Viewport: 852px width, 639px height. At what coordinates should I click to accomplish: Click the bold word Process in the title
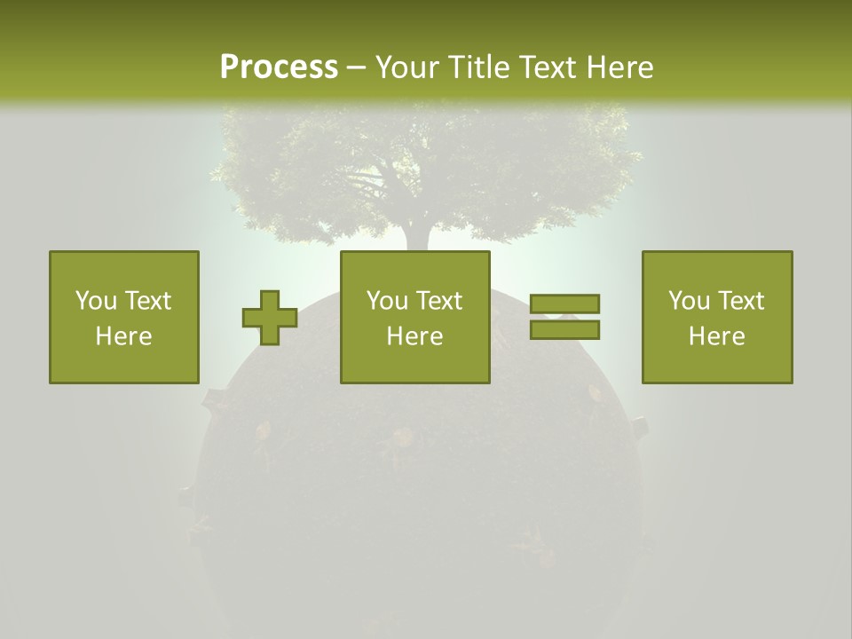point(279,67)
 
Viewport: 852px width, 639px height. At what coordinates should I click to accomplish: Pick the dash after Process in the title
point(356,68)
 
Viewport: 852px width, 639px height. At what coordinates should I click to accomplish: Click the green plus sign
point(270,318)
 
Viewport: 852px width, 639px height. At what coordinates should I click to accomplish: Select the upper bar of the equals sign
point(564,304)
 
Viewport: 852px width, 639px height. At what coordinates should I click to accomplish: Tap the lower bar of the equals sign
point(564,329)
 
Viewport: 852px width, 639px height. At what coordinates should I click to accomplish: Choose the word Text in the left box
point(148,301)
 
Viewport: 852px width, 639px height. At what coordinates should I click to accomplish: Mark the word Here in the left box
point(123,336)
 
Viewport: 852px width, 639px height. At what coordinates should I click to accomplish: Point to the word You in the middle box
point(388,301)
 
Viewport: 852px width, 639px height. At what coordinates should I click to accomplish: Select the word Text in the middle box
point(439,301)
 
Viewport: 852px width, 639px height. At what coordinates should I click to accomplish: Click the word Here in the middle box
point(414,336)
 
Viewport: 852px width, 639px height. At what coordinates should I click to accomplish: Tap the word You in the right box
point(690,301)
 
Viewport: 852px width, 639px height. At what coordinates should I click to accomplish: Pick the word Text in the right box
point(741,301)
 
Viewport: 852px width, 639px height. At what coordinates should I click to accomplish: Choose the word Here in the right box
point(716,336)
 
